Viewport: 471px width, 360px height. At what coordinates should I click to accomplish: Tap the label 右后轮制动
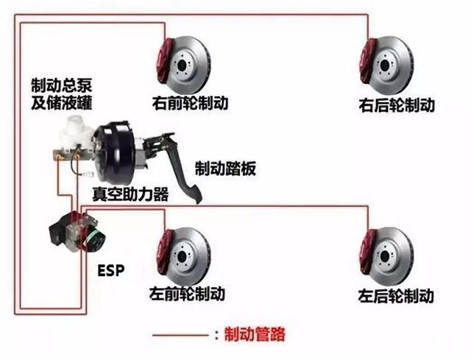[397, 105]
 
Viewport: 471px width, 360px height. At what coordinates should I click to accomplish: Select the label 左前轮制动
[186, 293]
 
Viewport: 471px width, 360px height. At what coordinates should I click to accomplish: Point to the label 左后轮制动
[396, 296]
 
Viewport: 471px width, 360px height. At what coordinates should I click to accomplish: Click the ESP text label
[110, 270]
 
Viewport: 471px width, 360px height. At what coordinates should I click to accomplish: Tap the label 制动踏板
[225, 169]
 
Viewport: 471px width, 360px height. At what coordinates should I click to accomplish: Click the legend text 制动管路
[253, 336]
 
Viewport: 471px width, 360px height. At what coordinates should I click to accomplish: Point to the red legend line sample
[180, 336]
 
